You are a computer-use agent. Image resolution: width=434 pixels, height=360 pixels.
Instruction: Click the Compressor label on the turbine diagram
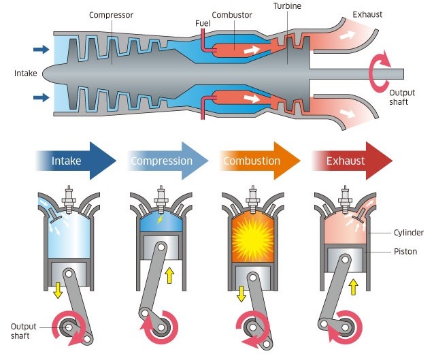(111, 15)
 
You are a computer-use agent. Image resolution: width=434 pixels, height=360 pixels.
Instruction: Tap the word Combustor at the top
(232, 15)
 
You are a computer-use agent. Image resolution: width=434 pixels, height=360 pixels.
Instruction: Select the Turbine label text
(287, 6)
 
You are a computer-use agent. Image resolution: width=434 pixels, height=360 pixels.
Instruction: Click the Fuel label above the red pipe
(203, 23)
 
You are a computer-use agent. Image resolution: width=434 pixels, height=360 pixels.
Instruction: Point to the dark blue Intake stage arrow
(76, 161)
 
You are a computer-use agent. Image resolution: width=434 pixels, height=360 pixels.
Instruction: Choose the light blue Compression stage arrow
(168, 161)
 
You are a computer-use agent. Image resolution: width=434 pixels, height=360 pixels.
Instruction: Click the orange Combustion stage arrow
(260, 161)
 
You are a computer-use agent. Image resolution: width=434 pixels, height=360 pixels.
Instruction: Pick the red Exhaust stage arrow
(352, 161)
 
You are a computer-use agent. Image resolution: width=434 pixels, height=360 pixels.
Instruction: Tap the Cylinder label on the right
(409, 233)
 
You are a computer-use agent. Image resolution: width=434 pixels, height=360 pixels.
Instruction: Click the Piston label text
(405, 251)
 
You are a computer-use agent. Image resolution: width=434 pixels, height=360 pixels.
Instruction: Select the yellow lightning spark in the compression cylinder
(160, 219)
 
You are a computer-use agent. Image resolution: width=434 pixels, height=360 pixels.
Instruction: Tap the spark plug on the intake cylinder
(69, 199)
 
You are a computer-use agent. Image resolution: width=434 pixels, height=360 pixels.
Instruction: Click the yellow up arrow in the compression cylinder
(169, 275)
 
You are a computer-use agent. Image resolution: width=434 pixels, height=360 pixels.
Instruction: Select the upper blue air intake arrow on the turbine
(41, 50)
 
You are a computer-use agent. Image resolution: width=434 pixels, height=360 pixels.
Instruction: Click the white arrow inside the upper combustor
(252, 50)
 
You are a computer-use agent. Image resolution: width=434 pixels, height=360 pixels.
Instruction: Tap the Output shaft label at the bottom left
(23, 331)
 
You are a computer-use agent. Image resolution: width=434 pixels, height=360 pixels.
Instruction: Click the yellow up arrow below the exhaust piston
(354, 287)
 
